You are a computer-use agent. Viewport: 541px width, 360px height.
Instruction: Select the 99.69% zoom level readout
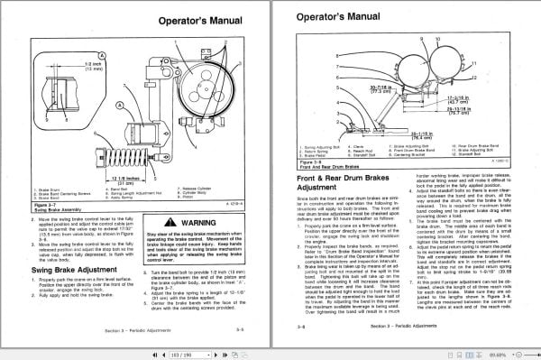point(522,352)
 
